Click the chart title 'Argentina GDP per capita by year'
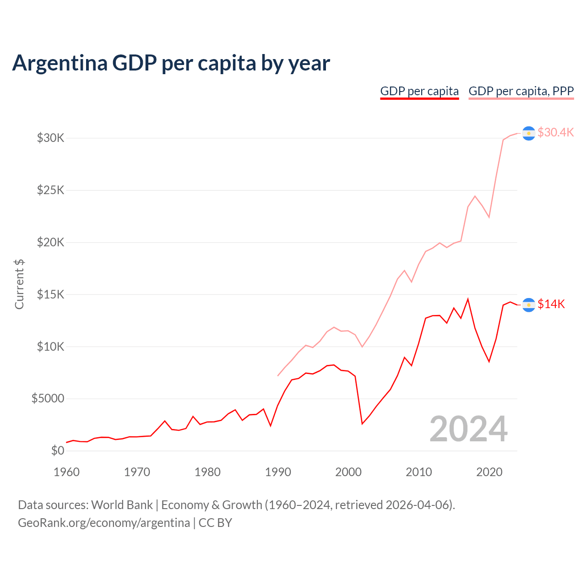click(x=171, y=63)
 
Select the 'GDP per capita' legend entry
click(x=419, y=91)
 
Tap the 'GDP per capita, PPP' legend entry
click(x=521, y=91)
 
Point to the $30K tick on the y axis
click(x=51, y=138)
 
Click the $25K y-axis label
click(x=51, y=190)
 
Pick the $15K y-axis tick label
click(x=51, y=294)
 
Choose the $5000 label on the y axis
click(x=48, y=399)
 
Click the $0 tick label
click(x=58, y=451)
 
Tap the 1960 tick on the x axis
click(x=67, y=472)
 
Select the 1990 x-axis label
click(x=278, y=472)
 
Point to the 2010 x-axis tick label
click(x=419, y=472)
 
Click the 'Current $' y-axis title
click(x=19, y=284)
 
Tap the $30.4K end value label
click(x=555, y=133)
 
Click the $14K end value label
click(x=551, y=304)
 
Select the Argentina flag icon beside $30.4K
click(x=529, y=133)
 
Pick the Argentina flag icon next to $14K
click(x=529, y=305)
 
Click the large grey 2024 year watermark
click(x=468, y=429)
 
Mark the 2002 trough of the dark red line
click(x=362, y=424)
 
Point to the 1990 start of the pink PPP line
click(x=278, y=376)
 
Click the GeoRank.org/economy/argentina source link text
click(x=104, y=523)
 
